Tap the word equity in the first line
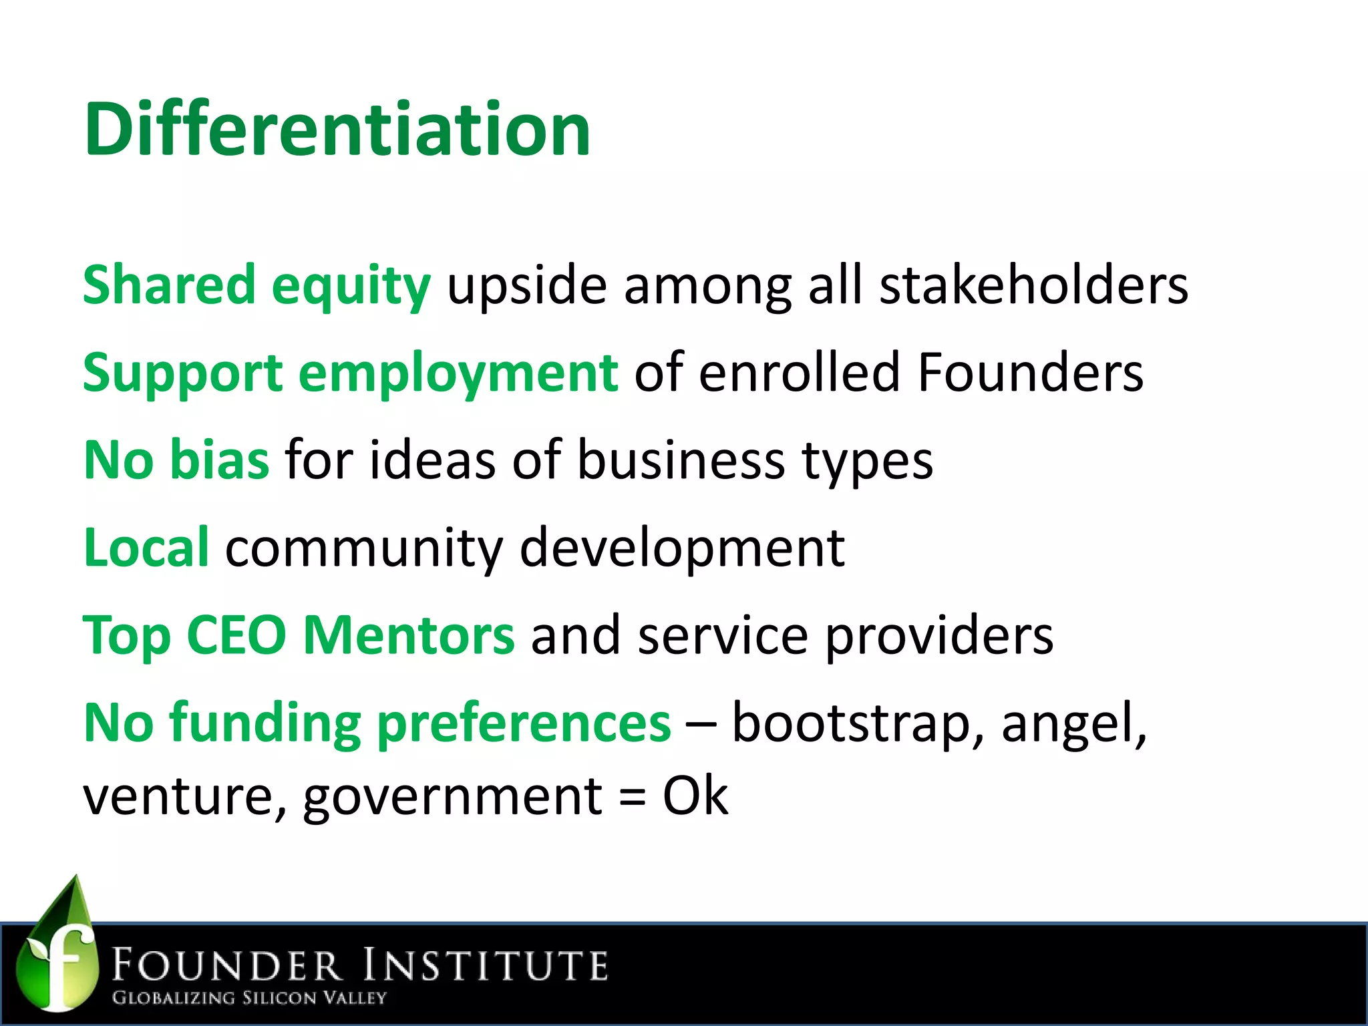coord(351,286)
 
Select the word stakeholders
coord(1033,285)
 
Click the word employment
coord(458,373)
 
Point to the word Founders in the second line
coord(1030,372)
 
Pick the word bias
coord(220,460)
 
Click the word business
coord(681,460)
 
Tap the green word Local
coord(146,548)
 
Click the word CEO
coord(236,635)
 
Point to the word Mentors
coord(409,635)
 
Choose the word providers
coord(939,637)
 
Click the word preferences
coord(524,724)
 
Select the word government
coord(453,798)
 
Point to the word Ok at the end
coord(695,796)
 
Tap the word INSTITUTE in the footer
coord(486,966)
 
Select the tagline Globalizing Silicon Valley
coord(249,998)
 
